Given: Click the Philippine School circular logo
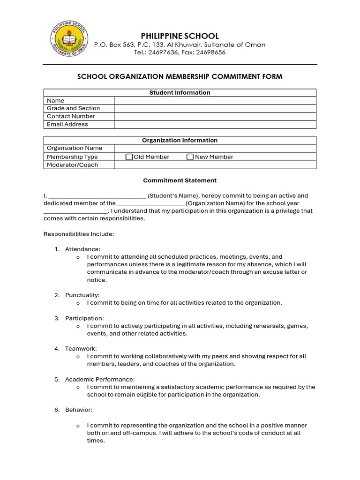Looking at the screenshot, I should [x=69, y=39].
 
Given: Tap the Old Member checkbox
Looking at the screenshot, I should [x=129, y=157].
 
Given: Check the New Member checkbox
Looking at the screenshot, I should [x=190, y=157].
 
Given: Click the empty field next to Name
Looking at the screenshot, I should [x=215, y=100].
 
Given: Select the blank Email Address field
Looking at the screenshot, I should [x=215, y=124].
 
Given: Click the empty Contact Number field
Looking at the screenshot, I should [x=215, y=116].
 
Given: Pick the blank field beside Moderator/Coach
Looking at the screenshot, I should [x=215, y=165].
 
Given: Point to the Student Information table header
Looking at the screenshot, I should [x=180, y=93].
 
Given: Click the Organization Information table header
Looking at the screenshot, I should [x=180, y=140].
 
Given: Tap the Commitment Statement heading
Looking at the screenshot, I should [x=180, y=180].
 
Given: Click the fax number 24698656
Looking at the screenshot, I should [x=211, y=52].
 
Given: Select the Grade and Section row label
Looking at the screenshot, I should [x=73, y=108].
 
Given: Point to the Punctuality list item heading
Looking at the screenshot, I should [x=82, y=295].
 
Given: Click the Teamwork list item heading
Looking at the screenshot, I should [x=81, y=349].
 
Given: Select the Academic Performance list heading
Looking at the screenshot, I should [x=100, y=379].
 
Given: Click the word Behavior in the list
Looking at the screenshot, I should [x=78, y=410].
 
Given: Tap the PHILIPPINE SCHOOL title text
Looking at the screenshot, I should [x=180, y=36].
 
